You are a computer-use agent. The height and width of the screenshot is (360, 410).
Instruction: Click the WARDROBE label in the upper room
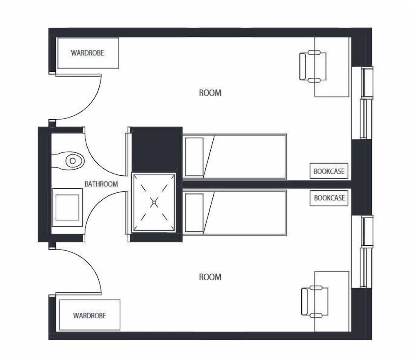click(x=88, y=53)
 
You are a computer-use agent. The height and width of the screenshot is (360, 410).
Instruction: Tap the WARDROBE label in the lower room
click(x=89, y=316)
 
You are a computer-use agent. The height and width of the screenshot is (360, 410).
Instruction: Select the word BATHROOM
click(x=101, y=184)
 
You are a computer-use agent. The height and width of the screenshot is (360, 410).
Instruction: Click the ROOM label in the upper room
click(x=210, y=93)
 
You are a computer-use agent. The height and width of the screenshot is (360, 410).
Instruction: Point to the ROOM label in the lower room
click(x=210, y=277)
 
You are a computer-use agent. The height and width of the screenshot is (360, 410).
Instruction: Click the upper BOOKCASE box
click(x=329, y=171)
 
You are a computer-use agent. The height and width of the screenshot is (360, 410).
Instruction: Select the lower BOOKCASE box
click(x=329, y=198)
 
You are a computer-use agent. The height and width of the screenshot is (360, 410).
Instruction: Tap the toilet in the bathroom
click(x=70, y=161)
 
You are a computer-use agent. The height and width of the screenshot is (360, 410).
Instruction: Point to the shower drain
click(x=154, y=202)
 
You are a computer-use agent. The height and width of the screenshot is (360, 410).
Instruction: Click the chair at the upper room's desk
click(x=313, y=66)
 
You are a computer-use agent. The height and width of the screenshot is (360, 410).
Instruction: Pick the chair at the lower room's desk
click(x=314, y=301)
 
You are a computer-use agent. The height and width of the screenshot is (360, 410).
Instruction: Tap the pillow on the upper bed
click(x=194, y=157)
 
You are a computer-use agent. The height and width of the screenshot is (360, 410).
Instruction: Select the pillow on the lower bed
click(x=194, y=213)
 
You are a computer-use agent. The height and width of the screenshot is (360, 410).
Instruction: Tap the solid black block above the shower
click(x=156, y=149)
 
